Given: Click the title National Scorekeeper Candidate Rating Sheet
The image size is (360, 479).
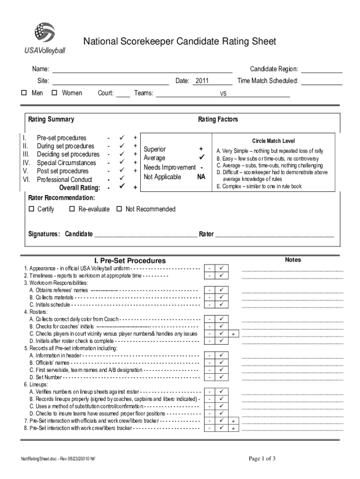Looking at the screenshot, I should [180, 42].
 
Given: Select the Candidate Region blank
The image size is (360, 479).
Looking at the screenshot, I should [322, 70].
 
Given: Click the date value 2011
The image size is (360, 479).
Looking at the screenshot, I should [202, 81].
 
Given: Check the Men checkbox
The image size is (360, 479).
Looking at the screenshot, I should [24, 93].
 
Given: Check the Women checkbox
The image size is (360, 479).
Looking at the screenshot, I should [54, 93].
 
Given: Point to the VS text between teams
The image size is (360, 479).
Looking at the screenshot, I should [223, 94].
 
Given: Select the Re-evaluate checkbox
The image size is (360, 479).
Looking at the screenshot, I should [72, 209].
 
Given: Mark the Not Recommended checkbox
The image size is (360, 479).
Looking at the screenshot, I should [119, 209].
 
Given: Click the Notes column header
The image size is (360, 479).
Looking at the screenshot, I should [293, 260].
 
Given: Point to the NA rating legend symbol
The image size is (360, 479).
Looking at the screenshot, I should [201, 177].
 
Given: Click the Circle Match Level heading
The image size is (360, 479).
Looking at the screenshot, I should [274, 141].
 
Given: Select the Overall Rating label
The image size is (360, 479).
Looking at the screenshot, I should [79, 188].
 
